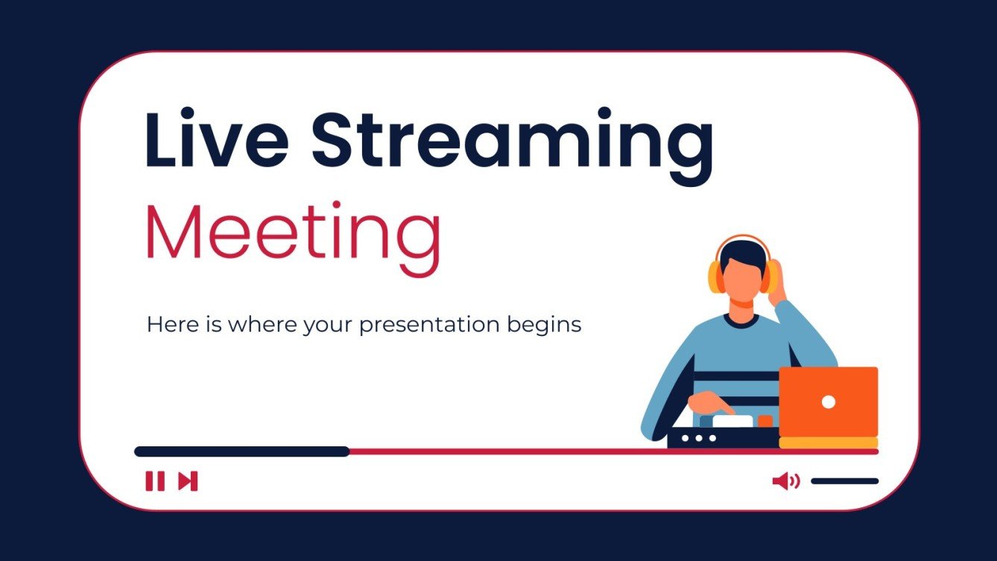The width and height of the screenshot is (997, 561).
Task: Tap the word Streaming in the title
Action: click(513, 142)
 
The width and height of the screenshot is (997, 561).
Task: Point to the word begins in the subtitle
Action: click(547, 326)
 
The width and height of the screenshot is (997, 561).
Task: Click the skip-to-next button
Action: click(188, 481)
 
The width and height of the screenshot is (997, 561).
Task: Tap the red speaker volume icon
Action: click(785, 481)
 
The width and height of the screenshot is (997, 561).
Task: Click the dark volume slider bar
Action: click(844, 481)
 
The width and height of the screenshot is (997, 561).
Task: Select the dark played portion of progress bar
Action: click(241, 451)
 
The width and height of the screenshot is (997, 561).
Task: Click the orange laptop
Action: click(828, 402)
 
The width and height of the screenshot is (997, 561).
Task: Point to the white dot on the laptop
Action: click(828, 402)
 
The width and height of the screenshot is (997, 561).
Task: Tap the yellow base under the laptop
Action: click(828, 443)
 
